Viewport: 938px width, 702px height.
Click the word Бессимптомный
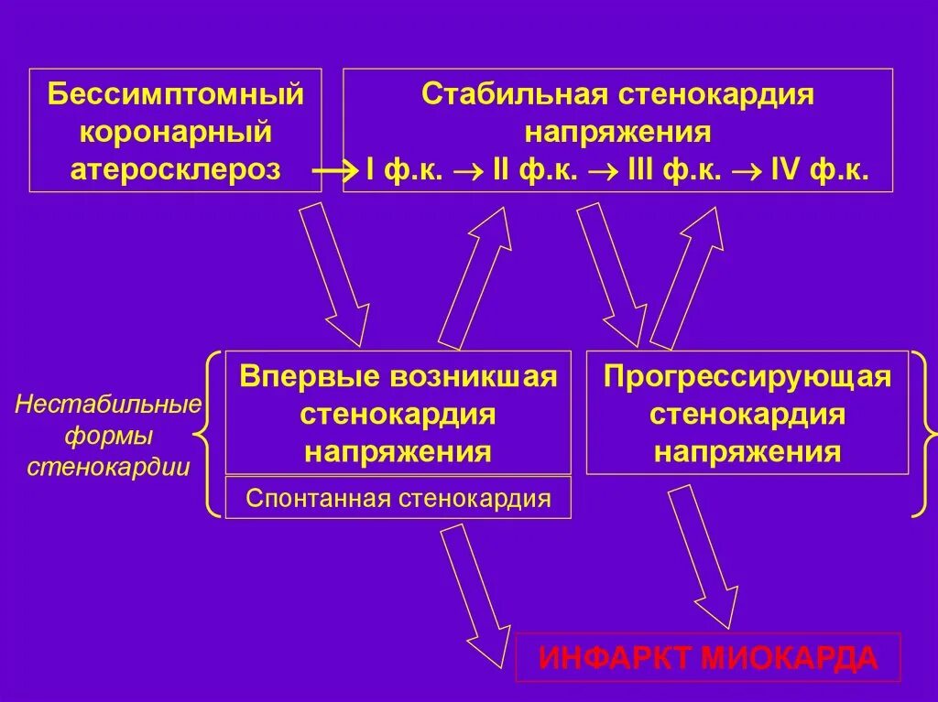coord(175,94)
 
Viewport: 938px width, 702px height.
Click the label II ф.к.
coord(534,171)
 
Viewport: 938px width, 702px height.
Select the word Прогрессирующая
coord(747,377)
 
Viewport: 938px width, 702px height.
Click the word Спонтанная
coord(317,498)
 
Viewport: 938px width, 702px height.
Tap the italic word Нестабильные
coord(108,405)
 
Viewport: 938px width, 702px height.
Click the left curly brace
coord(210,435)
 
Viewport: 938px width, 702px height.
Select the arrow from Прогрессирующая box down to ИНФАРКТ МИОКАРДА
coord(703,554)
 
